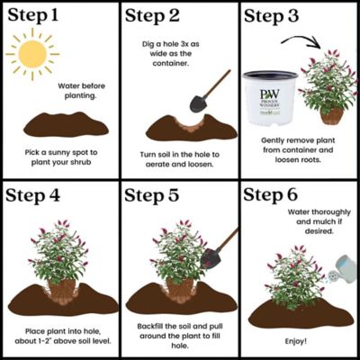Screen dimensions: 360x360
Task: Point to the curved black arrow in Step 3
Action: click(302, 42)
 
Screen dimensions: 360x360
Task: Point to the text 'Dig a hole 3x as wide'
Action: click(180, 43)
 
